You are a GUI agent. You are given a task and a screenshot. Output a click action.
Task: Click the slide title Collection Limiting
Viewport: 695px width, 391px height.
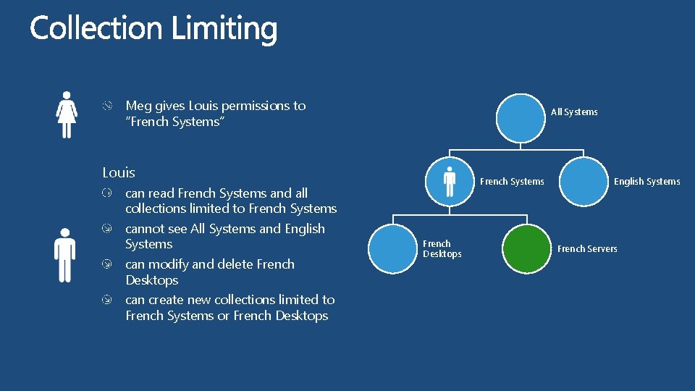pos(153,29)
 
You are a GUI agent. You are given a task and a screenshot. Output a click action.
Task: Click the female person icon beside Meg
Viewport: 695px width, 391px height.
pos(67,114)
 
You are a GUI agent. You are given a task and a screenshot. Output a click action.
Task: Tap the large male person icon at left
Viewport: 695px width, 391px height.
pos(65,255)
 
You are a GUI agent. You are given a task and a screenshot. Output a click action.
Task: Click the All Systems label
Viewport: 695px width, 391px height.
pos(574,112)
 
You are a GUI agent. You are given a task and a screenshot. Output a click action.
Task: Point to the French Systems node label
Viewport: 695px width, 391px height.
pos(512,182)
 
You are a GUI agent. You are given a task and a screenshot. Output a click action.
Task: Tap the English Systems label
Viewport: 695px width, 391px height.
pos(646,182)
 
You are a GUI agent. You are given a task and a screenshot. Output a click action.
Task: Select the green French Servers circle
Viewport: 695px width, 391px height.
pos(526,249)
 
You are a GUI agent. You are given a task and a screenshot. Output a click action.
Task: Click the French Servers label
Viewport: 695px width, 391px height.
pos(587,249)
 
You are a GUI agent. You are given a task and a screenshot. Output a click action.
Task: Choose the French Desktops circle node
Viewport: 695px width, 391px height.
pos(393,249)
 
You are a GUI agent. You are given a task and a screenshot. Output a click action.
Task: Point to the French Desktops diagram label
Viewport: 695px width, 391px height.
pos(442,249)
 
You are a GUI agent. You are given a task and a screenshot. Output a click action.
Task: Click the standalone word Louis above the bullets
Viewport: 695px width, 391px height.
pos(119,173)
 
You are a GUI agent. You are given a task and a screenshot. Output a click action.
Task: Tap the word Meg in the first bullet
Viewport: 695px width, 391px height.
pos(138,106)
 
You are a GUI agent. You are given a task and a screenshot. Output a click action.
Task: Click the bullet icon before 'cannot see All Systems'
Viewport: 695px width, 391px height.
pos(106,229)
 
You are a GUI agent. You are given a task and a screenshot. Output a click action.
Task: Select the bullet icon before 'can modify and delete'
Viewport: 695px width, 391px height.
pos(106,264)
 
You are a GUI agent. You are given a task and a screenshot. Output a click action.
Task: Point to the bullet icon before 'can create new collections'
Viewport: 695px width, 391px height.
pos(106,300)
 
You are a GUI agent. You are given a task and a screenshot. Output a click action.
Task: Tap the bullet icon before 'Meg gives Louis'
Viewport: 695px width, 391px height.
pos(106,106)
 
